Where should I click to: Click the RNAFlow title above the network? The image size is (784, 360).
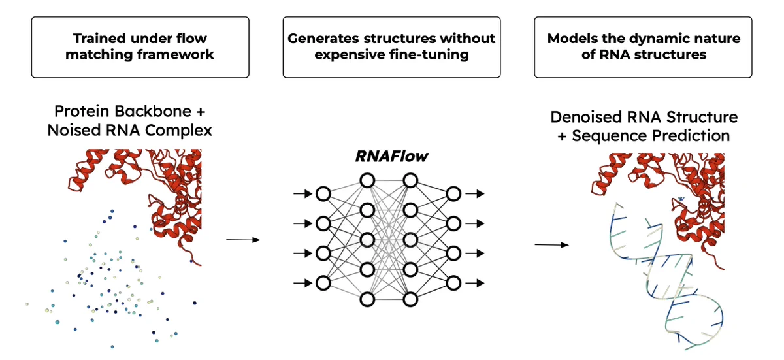point(391,156)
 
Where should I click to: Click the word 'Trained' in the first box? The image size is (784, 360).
point(99,38)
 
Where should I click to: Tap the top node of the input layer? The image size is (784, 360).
point(323,193)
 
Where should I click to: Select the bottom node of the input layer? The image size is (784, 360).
point(323,283)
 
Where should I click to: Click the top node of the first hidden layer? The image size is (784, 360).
point(367,180)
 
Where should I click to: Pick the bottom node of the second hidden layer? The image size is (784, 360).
point(410,299)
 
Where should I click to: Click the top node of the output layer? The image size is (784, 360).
point(453,193)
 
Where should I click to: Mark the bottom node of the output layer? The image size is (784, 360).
point(453,283)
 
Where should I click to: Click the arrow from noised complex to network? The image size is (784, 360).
point(243,240)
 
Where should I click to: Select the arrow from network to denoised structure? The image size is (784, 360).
point(551,245)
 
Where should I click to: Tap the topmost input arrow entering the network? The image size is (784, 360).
point(302,193)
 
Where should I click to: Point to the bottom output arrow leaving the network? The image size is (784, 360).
point(475,283)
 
